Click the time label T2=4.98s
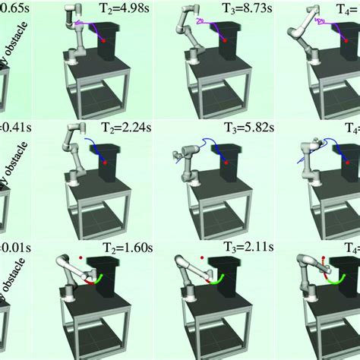(125, 8)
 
